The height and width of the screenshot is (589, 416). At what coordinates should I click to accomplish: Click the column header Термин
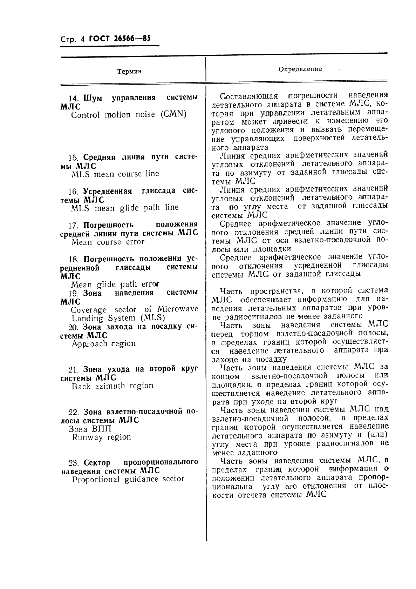tap(129, 72)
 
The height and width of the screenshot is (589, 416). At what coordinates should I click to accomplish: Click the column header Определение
tap(300, 69)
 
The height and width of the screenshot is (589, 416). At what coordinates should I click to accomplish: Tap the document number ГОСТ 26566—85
tap(120, 39)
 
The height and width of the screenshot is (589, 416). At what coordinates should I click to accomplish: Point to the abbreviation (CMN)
tap(174, 114)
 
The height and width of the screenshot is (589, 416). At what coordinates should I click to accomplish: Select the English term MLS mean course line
tap(115, 174)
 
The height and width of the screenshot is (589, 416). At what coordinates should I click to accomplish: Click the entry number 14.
tap(74, 98)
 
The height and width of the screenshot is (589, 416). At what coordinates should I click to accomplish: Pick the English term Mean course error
tap(108, 242)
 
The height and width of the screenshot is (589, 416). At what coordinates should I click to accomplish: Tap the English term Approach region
tap(104, 344)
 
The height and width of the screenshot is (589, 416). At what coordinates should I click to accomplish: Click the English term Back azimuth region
tap(112, 386)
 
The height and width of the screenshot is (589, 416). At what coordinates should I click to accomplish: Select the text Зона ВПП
tap(90, 429)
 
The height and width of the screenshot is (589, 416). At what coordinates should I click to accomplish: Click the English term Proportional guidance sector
tap(128, 479)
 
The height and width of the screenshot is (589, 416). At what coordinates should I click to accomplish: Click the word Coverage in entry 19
tap(89, 310)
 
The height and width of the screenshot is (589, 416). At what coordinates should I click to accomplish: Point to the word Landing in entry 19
tap(88, 318)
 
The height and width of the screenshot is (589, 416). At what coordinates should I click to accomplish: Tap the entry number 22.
tap(74, 412)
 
